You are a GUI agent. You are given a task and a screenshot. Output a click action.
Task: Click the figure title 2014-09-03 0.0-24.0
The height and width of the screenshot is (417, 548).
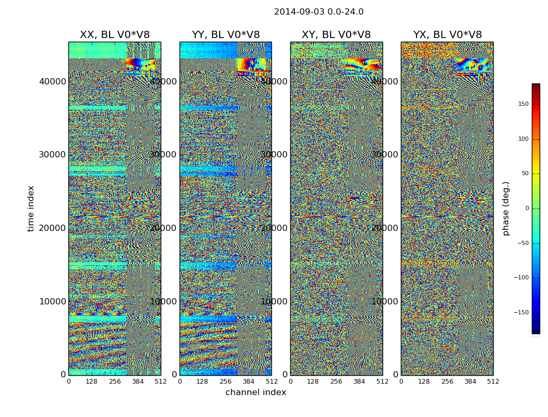[x=318, y=12]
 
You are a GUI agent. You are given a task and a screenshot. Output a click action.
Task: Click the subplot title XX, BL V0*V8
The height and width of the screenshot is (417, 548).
[x=114, y=35]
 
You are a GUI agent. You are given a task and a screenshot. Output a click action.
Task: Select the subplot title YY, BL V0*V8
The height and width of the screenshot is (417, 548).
[x=225, y=35]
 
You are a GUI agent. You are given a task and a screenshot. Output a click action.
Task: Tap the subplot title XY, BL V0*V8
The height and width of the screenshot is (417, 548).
[x=336, y=35]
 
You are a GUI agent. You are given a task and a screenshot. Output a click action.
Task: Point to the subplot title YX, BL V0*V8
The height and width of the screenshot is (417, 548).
[x=447, y=35]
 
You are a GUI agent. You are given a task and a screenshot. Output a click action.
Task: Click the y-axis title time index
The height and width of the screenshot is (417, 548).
[x=31, y=208]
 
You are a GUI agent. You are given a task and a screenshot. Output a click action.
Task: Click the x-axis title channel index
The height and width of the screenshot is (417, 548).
[x=256, y=393]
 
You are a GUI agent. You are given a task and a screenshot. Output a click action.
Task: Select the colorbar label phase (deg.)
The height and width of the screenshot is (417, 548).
[x=506, y=208]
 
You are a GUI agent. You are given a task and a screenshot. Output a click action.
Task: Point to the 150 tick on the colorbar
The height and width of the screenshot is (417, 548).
[x=523, y=104]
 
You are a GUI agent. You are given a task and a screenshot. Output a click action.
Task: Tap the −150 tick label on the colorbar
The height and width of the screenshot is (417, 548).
[x=521, y=313]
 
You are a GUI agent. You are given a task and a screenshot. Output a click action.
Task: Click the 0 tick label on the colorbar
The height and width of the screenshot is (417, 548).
[x=527, y=208]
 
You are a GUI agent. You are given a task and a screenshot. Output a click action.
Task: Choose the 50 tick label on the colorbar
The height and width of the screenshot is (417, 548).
[x=525, y=174]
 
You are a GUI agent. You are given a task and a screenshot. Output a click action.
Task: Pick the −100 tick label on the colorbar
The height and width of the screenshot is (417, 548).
[x=521, y=278]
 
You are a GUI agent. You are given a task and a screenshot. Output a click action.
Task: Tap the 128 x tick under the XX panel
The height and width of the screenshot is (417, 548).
[x=91, y=382]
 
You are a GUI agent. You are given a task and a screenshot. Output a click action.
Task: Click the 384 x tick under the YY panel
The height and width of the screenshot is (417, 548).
[x=248, y=382]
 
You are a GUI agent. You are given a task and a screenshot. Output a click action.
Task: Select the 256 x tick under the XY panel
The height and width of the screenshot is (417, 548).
[x=336, y=382]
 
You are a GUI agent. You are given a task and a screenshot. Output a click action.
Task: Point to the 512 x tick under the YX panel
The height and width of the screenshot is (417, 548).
[x=493, y=382]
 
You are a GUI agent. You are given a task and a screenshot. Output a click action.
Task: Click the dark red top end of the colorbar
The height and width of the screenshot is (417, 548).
[x=535, y=86]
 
